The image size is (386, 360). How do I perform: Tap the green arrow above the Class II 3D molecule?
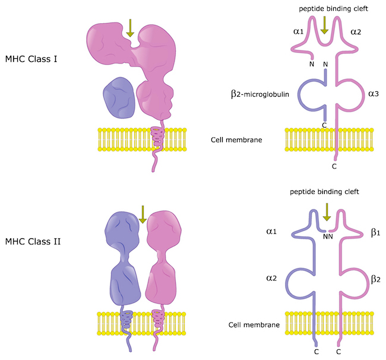[x=141, y=213]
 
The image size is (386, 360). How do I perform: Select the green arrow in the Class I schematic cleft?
[x=325, y=26]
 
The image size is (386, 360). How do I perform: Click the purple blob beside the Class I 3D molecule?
[x=119, y=96]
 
